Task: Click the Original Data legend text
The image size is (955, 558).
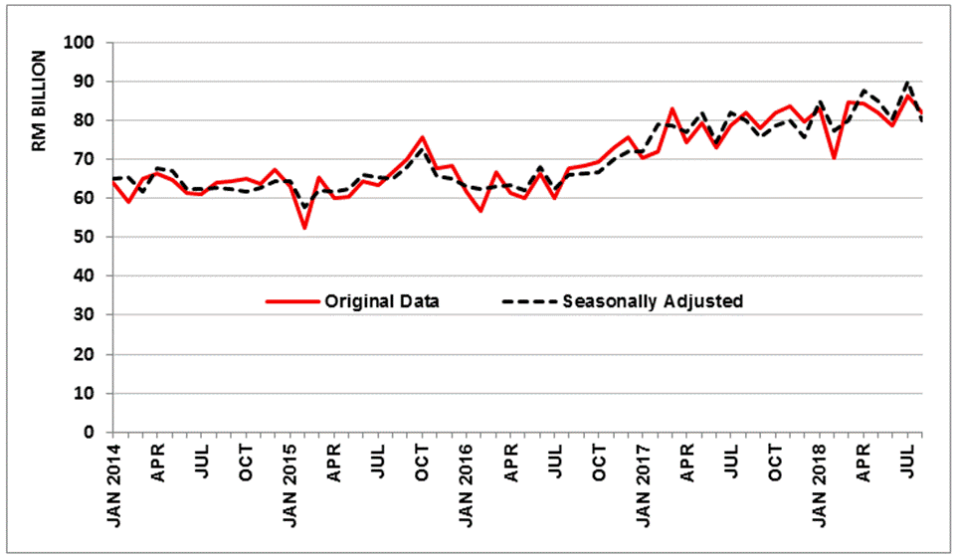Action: coord(382,301)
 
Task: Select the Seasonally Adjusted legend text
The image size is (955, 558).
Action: coord(653,301)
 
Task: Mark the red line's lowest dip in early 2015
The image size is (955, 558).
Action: coord(304,228)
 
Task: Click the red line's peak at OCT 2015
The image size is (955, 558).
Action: coord(423,137)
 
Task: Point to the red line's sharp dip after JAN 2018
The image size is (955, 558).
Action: coord(834,157)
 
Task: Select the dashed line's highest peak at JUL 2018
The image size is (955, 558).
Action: coord(908,83)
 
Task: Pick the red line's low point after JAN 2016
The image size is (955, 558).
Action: coord(480,211)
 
